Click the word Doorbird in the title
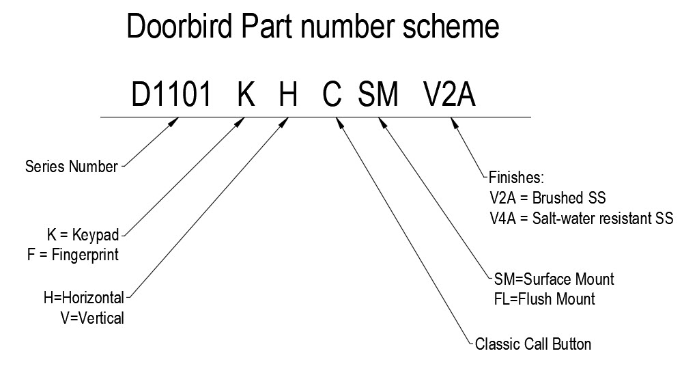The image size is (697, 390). (x=180, y=27)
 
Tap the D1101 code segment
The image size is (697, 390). (x=171, y=96)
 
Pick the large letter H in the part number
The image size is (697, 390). (x=288, y=96)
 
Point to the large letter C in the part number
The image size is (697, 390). (x=332, y=96)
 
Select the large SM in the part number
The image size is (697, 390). (x=378, y=96)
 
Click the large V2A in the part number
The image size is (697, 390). (x=449, y=96)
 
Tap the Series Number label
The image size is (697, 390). (x=71, y=167)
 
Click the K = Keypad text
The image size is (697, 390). (x=83, y=236)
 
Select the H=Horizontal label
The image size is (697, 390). (x=83, y=298)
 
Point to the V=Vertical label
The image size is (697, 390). (x=93, y=318)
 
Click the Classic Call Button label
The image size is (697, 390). (x=532, y=344)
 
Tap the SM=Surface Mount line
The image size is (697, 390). (x=554, y=279)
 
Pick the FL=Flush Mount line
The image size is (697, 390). (x=544, y=299)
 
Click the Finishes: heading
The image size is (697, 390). (x=517, y=178)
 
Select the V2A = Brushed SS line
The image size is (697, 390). (x=547, y=198)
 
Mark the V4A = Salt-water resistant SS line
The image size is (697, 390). (x=582, y=219)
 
